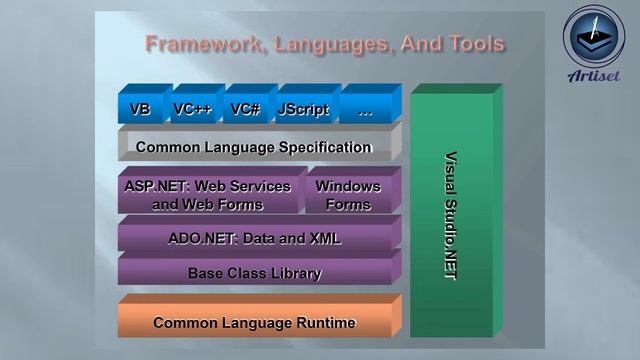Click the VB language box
pos(140,109)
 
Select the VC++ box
pos(192,109)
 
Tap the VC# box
pos(245,109)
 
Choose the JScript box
pos(303,109)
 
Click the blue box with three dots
pos(365,109)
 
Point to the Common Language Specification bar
pos(254,148)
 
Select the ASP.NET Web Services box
pos(208,195)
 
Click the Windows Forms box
pos(348,195)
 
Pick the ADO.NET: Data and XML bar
pos(254,239)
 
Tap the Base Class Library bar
pos(254,273)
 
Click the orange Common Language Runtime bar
pos(254,323)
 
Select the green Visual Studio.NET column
pos(450,215)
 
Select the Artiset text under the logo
pos(593,77)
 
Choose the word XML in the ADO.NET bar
pos(323,239)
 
